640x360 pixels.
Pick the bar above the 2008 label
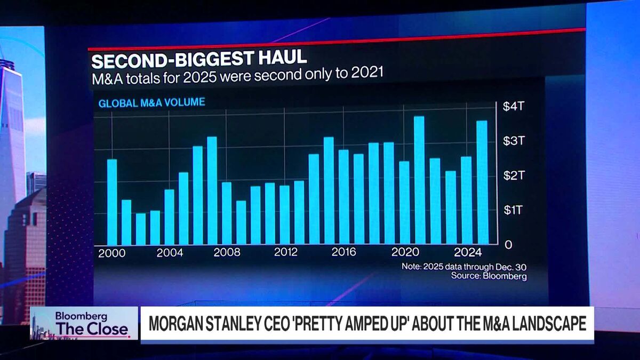tap(227, 213)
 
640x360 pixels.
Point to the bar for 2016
tap(343, 197)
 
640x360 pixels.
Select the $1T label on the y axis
tap(514, 210)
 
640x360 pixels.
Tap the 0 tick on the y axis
tap(508, 245)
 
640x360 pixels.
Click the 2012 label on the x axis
tap(285, 253)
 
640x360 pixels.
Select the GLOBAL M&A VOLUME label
tap(151, 102)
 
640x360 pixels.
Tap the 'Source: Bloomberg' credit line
tap(489, 276)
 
